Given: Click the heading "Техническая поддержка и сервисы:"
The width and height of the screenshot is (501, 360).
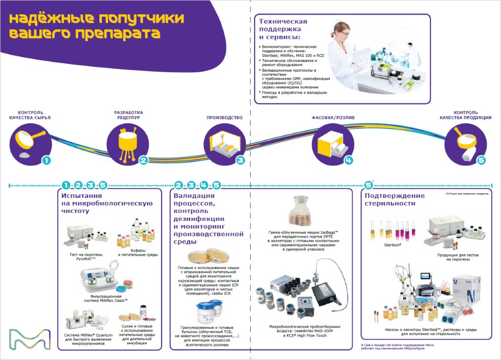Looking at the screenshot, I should point(283,29).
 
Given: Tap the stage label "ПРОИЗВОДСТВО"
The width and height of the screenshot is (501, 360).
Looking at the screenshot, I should point(224,118).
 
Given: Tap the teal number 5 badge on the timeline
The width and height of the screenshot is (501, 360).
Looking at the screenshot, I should point(481,161).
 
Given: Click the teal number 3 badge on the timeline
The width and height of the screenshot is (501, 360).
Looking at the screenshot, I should point(240,161).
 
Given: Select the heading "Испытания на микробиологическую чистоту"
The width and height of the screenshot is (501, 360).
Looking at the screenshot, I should point(107,203).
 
